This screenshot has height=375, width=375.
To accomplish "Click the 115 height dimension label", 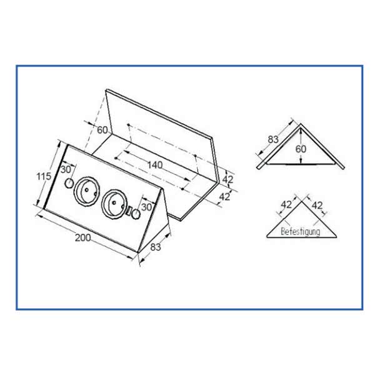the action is tap(44, 176).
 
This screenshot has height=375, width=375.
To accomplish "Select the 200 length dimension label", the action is tap(83, 237).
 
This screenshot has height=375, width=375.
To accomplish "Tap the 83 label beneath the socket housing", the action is tap(156, 247).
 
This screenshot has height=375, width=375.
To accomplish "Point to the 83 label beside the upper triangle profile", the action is tap(273, 139).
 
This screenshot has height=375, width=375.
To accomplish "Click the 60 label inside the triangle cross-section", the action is tap(301, 149).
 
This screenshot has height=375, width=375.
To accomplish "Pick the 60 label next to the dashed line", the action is tap(102, 130).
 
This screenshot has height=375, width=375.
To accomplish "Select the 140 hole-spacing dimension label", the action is tap(155, 165).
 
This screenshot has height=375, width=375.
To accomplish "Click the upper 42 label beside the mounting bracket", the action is tap(227, 179).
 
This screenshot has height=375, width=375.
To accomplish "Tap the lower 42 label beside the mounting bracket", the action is tap(224, 197).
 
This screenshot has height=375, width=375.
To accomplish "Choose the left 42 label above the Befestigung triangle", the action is tap(286, 205).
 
